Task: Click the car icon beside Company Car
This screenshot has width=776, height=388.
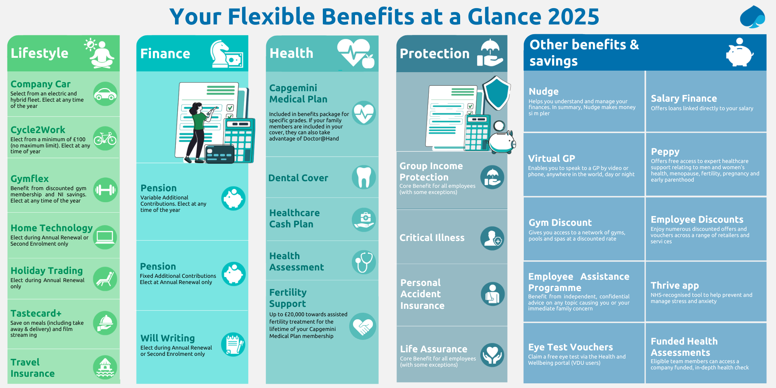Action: click(105, 94)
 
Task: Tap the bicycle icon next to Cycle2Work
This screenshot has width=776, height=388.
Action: click(105, 139)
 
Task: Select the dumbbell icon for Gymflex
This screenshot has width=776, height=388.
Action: click(105, 190)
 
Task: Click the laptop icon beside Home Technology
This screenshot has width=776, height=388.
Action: click(105, 237)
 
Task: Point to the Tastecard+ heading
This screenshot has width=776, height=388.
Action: click(36, 313)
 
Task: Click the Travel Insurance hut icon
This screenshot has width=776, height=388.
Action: click(105, 367)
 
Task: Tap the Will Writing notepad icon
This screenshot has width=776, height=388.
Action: click(233, 345)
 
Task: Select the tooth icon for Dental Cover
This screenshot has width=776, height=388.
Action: click(364, 177)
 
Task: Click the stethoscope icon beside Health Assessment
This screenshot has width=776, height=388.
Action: click(364, 262)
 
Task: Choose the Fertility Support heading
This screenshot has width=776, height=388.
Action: click(288, 298)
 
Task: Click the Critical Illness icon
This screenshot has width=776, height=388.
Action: click(492, 238)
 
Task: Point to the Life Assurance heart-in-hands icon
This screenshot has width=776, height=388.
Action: click(492, 355)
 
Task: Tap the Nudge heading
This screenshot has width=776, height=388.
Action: click(544, 92)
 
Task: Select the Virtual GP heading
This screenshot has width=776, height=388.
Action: click(552, 158)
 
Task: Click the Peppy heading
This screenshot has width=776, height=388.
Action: click(665, 152)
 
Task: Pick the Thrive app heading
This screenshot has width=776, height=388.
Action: click(675, 286)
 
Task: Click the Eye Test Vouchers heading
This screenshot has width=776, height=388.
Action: click(570, 347)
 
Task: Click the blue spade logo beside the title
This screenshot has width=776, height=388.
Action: click(752, 17)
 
